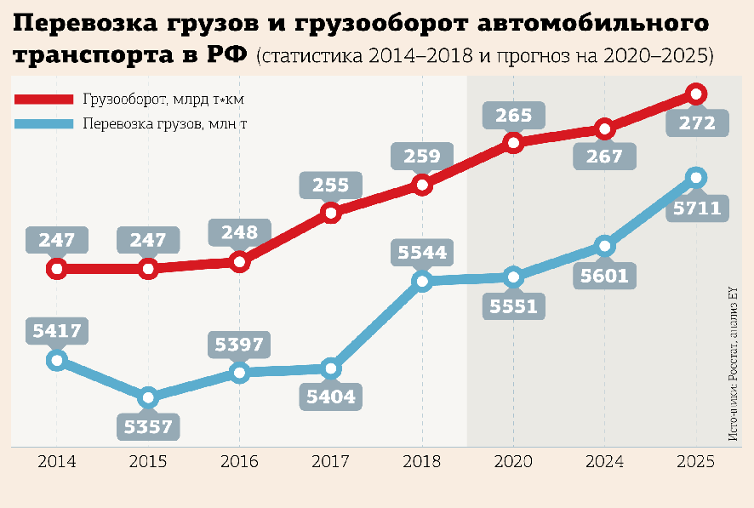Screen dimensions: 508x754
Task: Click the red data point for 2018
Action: (421, 183)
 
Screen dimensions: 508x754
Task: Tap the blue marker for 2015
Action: (148, 397)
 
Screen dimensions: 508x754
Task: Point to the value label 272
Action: (696, 123)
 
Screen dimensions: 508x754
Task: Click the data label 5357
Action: (148, 426)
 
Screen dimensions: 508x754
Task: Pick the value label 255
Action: (331, 185)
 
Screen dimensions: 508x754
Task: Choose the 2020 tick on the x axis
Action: (512, 462)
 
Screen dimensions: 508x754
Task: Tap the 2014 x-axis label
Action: (56, 462)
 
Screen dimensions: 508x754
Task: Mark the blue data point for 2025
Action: (696, 177)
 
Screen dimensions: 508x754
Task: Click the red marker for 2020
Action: (512, 142)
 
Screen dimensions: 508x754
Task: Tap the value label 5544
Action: (421, 253)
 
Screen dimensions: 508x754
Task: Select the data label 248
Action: (239, 231)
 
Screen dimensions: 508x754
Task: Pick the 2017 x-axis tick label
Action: (330, 462)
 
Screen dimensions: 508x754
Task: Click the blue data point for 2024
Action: (604, 246)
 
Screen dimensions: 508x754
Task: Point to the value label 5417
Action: (56, 330)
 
